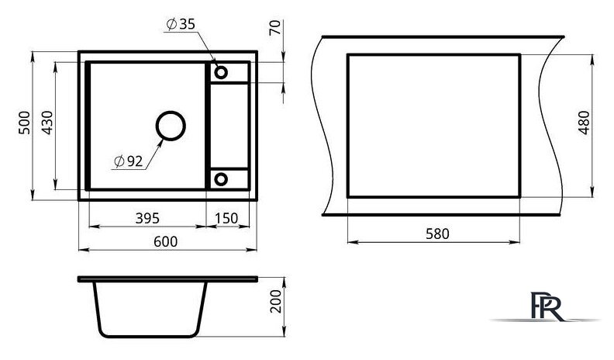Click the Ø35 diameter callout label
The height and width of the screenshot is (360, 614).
(181, 24)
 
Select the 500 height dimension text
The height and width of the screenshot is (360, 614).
(24, 123)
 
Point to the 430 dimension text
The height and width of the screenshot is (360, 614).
(47, 123)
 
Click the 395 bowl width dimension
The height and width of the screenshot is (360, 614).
(147, 218)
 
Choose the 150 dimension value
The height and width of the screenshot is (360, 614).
(226, 218)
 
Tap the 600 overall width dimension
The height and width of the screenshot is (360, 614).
(166, 241)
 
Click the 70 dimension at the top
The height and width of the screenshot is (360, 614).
(275, 27)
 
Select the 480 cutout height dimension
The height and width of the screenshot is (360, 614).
(584, 123)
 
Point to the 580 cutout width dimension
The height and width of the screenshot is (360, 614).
(437, 234)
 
